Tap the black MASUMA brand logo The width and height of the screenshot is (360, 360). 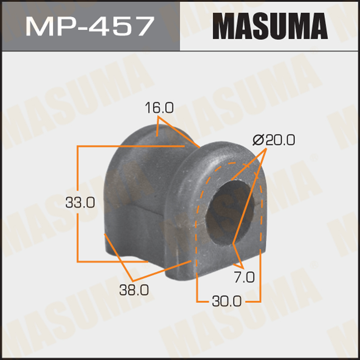click(270, 26)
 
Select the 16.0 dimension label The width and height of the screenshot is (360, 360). click(159, 108)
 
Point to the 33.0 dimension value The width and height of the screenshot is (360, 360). click(80, 203)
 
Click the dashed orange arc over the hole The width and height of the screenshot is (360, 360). click(230, 164)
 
